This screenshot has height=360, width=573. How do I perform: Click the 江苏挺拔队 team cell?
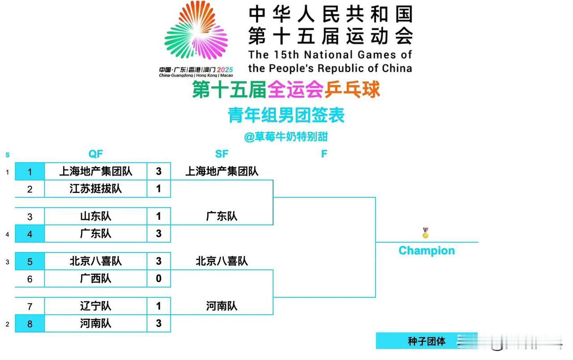click(x=95, y=189)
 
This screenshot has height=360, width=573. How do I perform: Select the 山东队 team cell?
click(x=95, y=216)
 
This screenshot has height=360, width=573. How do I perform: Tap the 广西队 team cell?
click(x=95, y=279)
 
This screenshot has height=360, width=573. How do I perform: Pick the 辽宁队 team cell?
click(x=95, y=306)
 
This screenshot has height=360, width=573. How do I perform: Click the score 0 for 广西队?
click(x=158, y=279)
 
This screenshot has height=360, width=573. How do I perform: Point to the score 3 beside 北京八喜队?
click(x=158, y=261)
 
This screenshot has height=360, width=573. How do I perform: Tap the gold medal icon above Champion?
click(x=425, y=233)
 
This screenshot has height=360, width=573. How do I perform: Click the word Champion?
click(x=426, y=251)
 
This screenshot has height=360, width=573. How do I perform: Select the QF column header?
click(x=95, y=154)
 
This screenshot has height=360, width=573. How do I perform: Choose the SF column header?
click(x=222, y=154)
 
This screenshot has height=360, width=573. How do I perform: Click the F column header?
click(x=324, y=154)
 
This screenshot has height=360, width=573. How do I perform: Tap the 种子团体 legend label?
click(x=426, y=341)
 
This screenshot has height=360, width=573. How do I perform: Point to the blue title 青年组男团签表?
click(x=286, y=116)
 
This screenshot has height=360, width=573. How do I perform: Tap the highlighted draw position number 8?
click(x=30, y=324)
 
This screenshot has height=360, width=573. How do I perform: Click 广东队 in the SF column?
click(x=222, y=216)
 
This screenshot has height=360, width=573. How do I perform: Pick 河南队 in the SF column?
click(x=222, y=306)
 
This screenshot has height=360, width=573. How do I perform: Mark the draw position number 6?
click(x=30, y=279)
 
